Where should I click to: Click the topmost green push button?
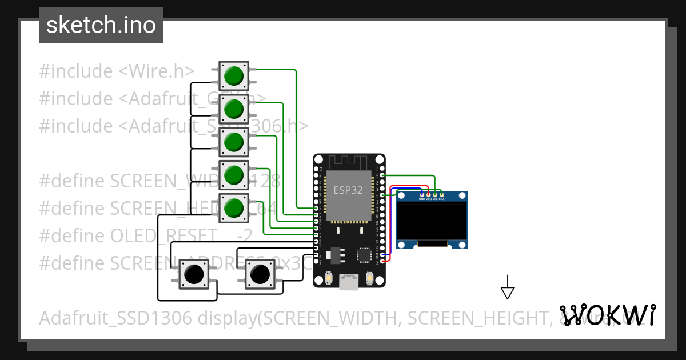[234, 75]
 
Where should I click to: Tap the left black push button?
[194, 274]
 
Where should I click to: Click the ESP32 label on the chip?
[348, 191]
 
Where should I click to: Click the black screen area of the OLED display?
[432, 222]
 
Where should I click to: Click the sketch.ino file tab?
[101, 25]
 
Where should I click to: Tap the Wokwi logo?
[607, 315]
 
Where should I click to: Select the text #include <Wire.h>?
[117, 71]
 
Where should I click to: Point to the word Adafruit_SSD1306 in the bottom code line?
[115, 318]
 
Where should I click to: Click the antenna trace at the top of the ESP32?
[349, 162]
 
